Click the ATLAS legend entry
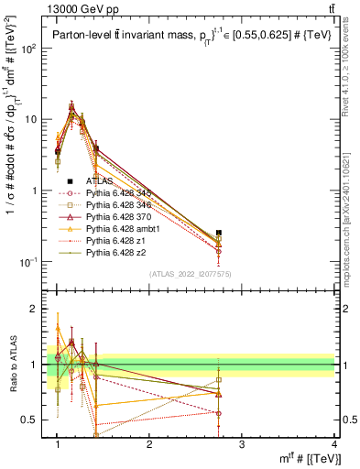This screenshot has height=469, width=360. pos(100,182)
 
